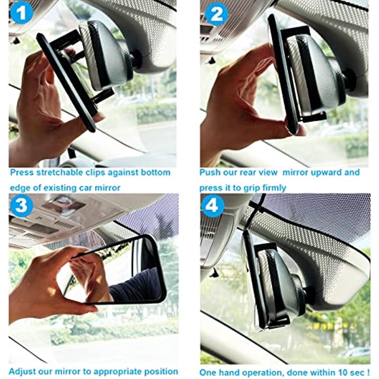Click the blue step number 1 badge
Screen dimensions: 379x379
click(21, 13)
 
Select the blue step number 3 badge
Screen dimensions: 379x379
click(21, 205)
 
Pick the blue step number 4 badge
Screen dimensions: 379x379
click(212, 205)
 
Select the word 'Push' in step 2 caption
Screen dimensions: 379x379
click(209, 172)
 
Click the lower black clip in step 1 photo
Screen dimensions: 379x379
click(104, 95)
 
